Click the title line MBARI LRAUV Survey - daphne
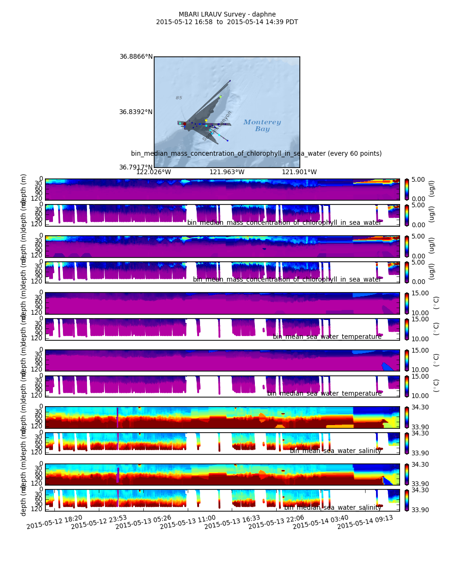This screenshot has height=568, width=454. point(227,14)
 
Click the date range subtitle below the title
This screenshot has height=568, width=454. point(227,22)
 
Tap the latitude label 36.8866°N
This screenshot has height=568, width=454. point(136,57)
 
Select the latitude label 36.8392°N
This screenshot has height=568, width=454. point(136,112)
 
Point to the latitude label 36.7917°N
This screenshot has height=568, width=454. point(136,167)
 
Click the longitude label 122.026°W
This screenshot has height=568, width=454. point(154,172)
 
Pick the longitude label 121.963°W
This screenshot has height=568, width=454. point(227,172)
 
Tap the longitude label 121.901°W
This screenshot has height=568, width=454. point(299,172)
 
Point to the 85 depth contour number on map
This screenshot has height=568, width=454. point(179,98)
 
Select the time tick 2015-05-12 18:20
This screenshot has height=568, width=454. point(54,522)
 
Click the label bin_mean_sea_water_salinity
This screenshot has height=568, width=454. point(335,451)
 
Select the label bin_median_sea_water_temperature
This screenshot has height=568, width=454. point(324,393)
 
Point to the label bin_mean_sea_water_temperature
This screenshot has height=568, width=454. point(327,337)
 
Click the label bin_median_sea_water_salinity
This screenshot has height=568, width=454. point(332,507)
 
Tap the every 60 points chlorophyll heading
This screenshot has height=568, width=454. point(256,153)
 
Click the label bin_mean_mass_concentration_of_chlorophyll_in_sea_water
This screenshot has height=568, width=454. point(287,279)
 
